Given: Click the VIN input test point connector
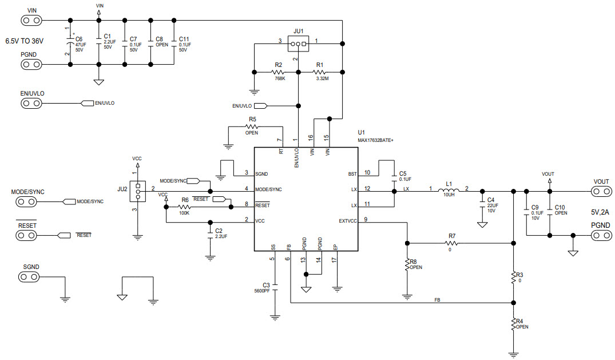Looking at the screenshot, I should [x=31, y=21].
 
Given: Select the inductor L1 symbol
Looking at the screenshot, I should [x=449, y=191].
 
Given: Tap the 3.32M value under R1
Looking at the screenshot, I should [x=322, y=78].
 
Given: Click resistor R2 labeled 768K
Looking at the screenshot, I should [x=279, y=72].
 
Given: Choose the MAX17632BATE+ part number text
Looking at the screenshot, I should [x=376, y=140].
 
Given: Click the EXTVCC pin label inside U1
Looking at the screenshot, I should [x=347, y=221].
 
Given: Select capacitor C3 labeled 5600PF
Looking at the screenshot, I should [x=275, y=284].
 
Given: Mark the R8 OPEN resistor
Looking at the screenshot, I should [x=407, y=264].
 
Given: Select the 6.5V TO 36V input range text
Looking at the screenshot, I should [x=25, y=41].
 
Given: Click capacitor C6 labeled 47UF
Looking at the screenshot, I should [x=70, y=43].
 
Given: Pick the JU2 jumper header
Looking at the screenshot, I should [x=137, y=190].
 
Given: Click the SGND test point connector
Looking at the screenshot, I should [x=31, y=277].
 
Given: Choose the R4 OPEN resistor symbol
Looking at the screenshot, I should [x=513, y=325].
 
